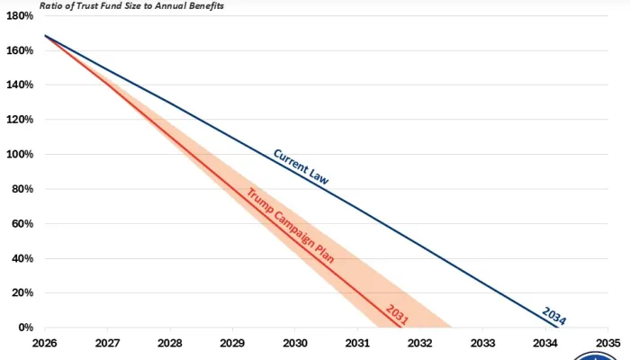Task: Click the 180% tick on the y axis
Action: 21,15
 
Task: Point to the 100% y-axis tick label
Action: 21,154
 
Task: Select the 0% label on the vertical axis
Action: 25,328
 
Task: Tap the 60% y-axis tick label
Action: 22,223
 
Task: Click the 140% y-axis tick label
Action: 21,85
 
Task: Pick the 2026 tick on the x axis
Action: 44,343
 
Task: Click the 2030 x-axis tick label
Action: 295,343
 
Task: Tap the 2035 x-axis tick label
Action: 608,343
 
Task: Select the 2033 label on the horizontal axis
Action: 483,343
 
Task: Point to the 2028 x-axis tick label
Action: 169,343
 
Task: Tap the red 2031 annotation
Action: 397,314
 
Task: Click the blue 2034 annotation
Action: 554,315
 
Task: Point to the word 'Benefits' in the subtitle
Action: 202,5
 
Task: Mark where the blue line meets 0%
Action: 558,328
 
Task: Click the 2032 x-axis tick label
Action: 420,343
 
